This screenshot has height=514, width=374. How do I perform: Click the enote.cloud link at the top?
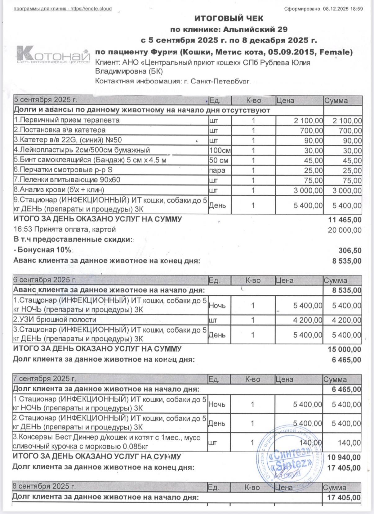click(x=91, y=9)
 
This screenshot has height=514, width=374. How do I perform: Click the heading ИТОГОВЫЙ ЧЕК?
click(x=229, y=19)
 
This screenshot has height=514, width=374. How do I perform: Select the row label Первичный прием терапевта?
click(x=67, y=120)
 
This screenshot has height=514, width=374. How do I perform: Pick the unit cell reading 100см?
click(x=220, y=151)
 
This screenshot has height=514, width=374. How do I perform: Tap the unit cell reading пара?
click(x=217, y=171)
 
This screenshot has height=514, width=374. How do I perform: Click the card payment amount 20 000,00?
click(x=345, y=230)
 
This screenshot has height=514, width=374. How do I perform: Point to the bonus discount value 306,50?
click(x=350, y=251)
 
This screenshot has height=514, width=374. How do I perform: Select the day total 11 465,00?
click(x=345, y=220)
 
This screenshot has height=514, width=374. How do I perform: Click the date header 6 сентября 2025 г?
click(x=45, y=280)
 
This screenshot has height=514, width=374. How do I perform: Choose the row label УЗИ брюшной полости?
click(x=55, y=320)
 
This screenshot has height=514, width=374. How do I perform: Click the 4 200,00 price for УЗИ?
click(x=308, y=320)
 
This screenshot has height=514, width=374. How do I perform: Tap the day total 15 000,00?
click(x=344, y=349)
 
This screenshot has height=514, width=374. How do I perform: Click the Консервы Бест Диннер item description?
click(x=106, y=442)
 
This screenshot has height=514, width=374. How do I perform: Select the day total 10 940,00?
click(x=344, y=457)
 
